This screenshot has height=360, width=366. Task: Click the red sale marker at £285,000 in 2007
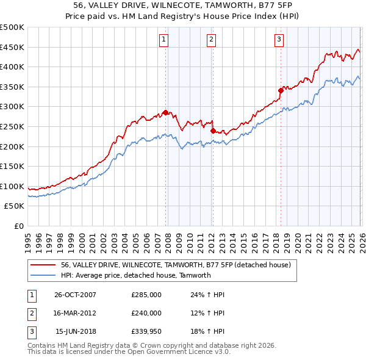[165, 112]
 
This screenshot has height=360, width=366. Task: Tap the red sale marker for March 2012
[212, 131]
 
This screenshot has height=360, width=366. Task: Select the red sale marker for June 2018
[281, 90]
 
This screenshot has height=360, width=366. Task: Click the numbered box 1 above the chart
[164, 40]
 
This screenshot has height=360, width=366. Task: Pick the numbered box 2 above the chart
[211, 40]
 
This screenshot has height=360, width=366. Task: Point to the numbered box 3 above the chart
[279, 40]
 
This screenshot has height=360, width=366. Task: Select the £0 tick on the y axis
[18, 226]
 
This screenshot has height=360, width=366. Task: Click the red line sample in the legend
[43, 265]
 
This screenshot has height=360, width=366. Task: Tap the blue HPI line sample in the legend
[43, 275]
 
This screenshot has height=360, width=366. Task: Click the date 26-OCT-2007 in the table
[75, 295]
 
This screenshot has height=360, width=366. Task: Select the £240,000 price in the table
[146, 313]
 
